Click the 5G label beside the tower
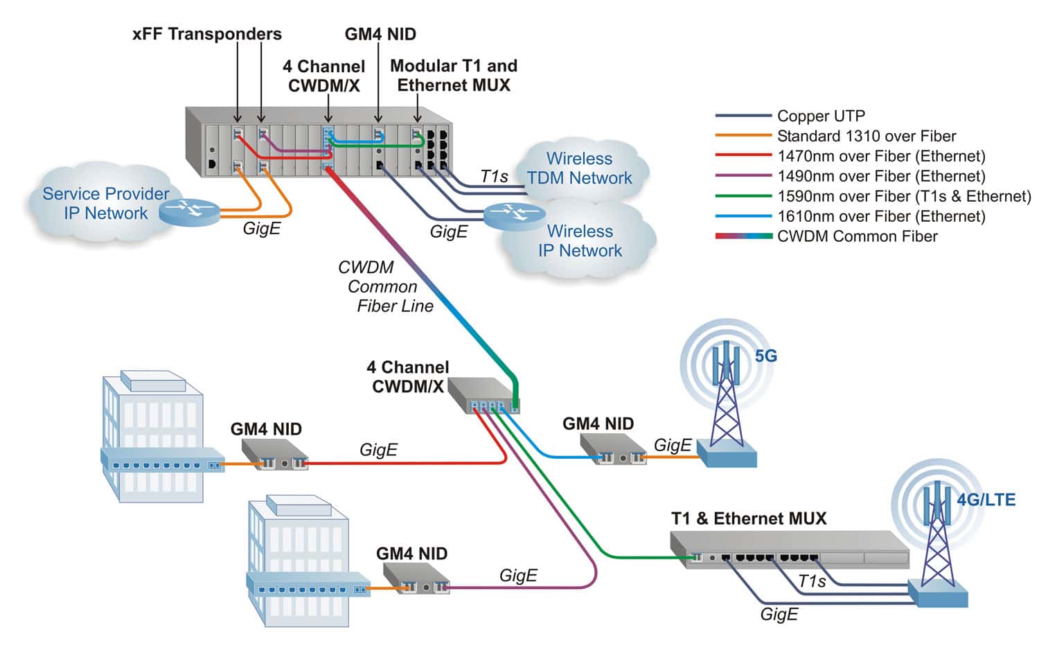pos(765,356)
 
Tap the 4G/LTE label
pos(986,500)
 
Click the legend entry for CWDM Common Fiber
pos(857,236)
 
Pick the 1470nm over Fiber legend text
pos(880,157)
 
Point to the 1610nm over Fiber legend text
pos(880,216)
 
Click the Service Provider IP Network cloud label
pos(105,203)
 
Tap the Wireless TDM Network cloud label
pos(579,168)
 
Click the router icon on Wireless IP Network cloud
pos(514,214)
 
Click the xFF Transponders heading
pos(206,34)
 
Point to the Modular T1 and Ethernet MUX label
pos(454,76)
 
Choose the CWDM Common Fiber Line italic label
pos(384,286)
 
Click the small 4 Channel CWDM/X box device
pos(483,396)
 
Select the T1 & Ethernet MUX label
pos(749,518)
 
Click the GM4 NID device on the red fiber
pos(274,455)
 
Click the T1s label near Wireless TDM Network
pos(495,177)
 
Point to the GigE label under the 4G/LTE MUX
pos(779,614)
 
